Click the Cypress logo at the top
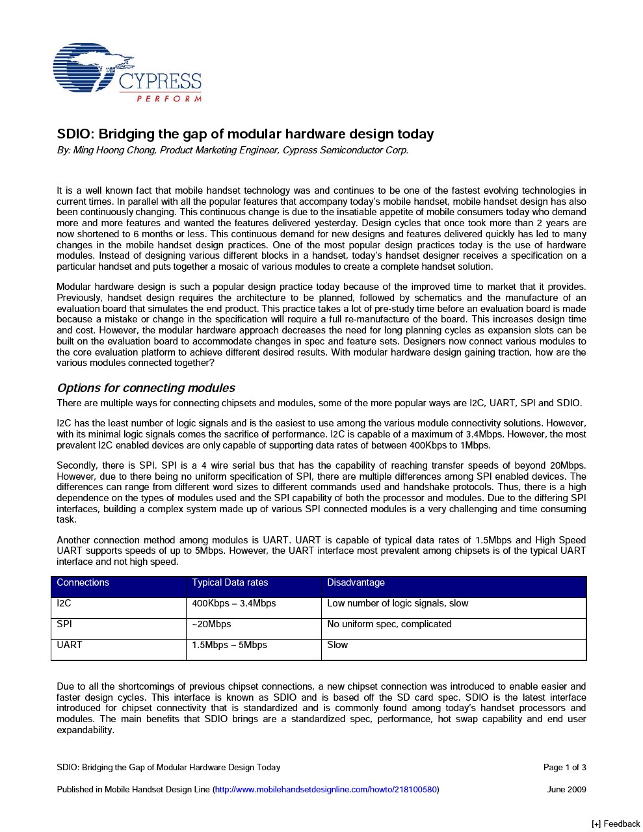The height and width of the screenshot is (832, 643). (127, 72)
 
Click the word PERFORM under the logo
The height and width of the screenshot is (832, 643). (168, 99)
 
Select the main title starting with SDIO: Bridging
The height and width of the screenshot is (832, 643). (245, 134)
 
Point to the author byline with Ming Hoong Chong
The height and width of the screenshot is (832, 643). (232, 150)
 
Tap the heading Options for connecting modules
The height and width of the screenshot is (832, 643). (146, 388)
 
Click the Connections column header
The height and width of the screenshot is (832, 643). (83, 582)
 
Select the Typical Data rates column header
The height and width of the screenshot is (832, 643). (230, 582)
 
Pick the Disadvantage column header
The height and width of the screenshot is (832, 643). (356, 582)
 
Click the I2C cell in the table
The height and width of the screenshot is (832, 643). (64, 603)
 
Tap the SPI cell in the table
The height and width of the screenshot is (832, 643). (64, 624)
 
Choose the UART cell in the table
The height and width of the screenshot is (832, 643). (70, 645)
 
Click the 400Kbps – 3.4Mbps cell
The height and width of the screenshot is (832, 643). (234, 603)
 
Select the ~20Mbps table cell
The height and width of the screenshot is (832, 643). (211, 624)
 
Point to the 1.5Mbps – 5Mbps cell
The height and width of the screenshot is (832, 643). (230, 645)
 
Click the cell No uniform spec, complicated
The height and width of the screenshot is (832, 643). (389, 624)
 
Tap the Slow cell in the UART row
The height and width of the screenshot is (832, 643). (337, 645)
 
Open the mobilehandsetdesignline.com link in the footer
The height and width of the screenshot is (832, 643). (326, 790)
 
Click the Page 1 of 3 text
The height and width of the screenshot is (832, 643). (564, 768)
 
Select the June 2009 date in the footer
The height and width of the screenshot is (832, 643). (566, 790)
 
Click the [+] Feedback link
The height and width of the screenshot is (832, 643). (615, 824)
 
